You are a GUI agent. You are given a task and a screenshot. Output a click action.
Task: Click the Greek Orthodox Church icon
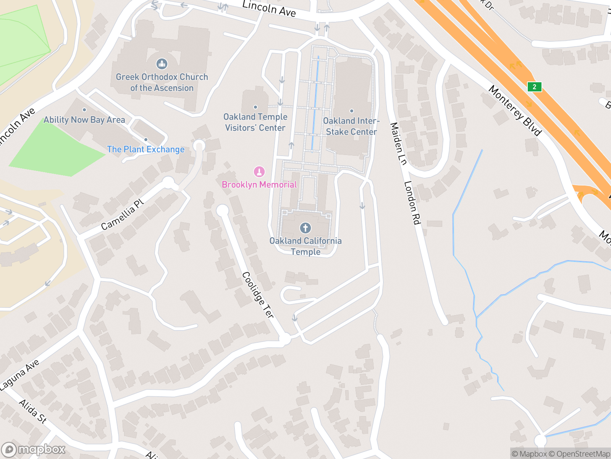click(x=162, y=63)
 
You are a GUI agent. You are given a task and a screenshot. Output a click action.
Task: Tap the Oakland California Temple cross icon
click(x=305, y=228)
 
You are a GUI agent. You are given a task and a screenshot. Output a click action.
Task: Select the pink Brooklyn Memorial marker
click(x=259, y=172)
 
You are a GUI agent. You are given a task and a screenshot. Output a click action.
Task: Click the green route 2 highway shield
click(x=534, y=87)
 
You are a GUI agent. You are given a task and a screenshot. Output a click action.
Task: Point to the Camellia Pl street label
click(x=122, y=215)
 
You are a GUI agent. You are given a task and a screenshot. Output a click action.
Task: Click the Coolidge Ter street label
click(x=258, y=295)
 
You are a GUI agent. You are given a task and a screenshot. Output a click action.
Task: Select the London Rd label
click(x=412, y=203)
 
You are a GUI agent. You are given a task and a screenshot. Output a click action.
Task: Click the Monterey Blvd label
click(x=515, y=111)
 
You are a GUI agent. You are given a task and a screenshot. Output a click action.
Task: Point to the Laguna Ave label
click(x=20, y=375)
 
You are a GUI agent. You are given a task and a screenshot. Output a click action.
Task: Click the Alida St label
click(x=33, y=411)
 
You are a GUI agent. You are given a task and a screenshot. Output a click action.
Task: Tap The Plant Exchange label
click(x=145, y=150)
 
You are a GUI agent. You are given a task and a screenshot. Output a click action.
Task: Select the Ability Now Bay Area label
click(x=84, y=120)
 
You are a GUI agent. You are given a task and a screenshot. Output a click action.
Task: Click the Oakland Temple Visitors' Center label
click(x=255, y=122)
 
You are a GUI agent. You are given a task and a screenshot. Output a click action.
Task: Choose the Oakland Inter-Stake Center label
click(x=351, y=126)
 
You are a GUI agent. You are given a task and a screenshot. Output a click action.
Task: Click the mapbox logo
click(x=34, y=449)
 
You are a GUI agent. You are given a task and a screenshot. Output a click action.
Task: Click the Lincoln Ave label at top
click(x=269, y=8)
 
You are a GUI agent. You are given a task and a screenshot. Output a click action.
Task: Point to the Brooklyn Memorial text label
click(x=259, y=185)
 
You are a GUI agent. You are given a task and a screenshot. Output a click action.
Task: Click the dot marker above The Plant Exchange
click(x=145, y=140)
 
